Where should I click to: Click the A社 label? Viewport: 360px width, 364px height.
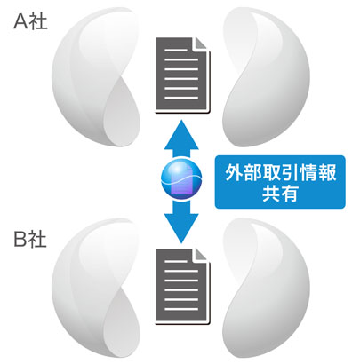click(30, 22)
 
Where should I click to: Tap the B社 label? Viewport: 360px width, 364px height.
click(30, 240)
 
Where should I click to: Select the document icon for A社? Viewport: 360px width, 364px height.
click(183, 75)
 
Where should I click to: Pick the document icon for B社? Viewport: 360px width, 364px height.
click(183, 286)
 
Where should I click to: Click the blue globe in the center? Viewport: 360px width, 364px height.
click(181, 180)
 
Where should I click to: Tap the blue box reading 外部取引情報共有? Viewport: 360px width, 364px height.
click(280, 182)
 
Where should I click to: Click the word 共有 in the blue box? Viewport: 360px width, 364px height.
click(280, 194)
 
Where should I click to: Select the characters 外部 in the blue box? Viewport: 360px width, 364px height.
click(243, 172)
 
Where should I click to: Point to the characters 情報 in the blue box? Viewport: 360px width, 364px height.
click(317, 172)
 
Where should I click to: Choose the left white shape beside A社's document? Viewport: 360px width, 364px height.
click(95, 77)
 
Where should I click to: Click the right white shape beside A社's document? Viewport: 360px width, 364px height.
click(266, 77)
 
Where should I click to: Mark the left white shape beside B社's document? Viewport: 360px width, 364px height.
click(95, 288)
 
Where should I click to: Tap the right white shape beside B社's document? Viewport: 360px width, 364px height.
click(266, 288)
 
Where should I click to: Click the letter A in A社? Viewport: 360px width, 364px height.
click(21, 22)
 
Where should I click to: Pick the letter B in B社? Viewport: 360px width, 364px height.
click(20, 240)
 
